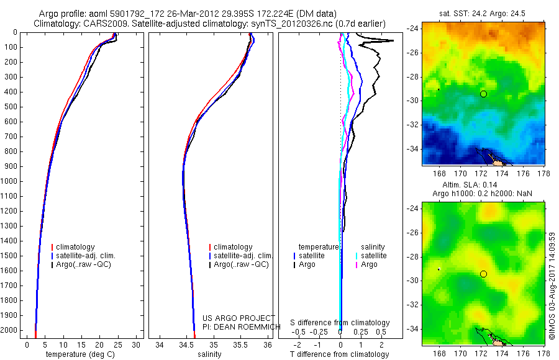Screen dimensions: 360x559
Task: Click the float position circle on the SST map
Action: [483, 94]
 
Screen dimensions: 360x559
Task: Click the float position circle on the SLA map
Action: [483, 274]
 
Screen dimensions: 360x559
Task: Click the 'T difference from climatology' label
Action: [340, 354]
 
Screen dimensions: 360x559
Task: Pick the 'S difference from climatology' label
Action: [340, 323]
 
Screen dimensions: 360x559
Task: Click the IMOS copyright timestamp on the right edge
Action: [552, 286]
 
